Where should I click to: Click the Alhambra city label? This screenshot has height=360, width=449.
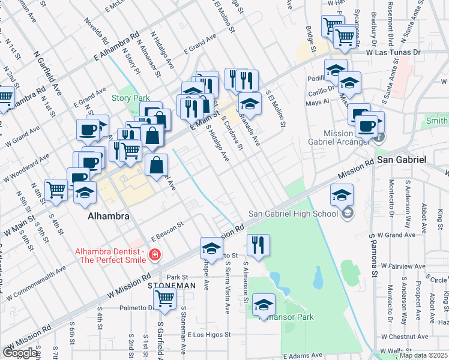109,217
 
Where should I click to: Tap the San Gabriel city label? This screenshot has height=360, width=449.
402,160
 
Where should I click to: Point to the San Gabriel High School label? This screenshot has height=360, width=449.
295,214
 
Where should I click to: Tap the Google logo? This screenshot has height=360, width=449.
20,352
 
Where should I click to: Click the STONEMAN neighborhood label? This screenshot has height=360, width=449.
172,286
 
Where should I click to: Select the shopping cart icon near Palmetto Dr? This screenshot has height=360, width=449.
164,298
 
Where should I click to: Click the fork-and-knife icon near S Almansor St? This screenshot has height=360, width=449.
258,244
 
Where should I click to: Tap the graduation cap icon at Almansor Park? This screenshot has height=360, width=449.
264,304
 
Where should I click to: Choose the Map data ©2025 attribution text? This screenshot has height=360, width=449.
423,355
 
